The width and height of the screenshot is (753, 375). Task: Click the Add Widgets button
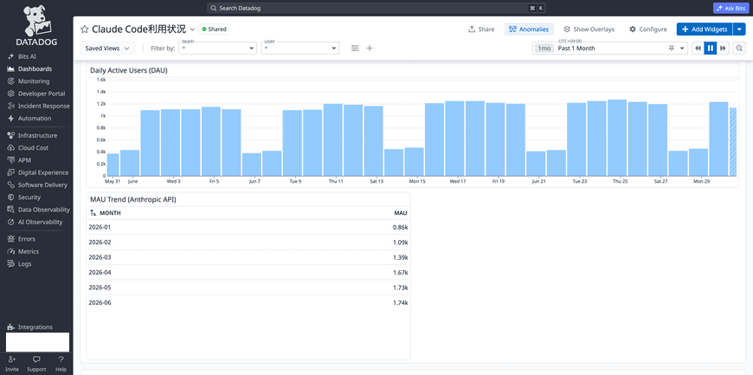(705, 29)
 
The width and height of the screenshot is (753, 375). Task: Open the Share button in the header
(481, 29)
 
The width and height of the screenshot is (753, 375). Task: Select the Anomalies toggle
(529, 29)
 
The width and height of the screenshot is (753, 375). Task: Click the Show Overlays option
(589, 29)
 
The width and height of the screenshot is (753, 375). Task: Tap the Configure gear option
(648, 29)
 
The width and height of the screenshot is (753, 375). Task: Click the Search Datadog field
(376, 8)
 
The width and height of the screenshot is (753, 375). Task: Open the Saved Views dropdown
(108, 48)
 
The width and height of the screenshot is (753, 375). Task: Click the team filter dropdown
(218, 48)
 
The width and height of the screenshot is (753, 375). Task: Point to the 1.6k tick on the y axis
(101, 80)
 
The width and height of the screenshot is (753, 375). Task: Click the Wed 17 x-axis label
(458, 181)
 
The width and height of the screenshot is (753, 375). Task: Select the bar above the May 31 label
(113, 165)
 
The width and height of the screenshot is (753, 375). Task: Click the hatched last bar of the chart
(733, 142)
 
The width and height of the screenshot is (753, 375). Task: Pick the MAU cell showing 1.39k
(400, 257)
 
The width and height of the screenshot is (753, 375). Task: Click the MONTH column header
(110, 213)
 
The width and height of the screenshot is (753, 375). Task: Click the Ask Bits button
(730, 8)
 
